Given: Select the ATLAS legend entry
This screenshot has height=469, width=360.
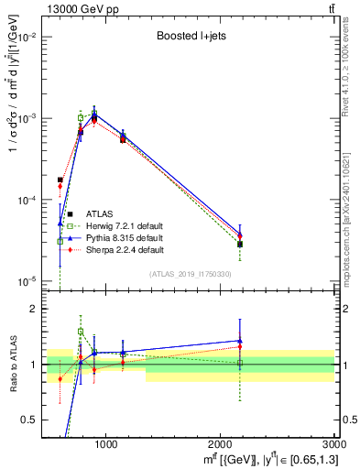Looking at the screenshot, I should click(x=102, y=214).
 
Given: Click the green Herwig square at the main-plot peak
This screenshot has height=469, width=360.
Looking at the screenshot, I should click(x=81, y=117).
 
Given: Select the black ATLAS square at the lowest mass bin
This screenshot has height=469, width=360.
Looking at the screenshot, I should click(x=60, y=180).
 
